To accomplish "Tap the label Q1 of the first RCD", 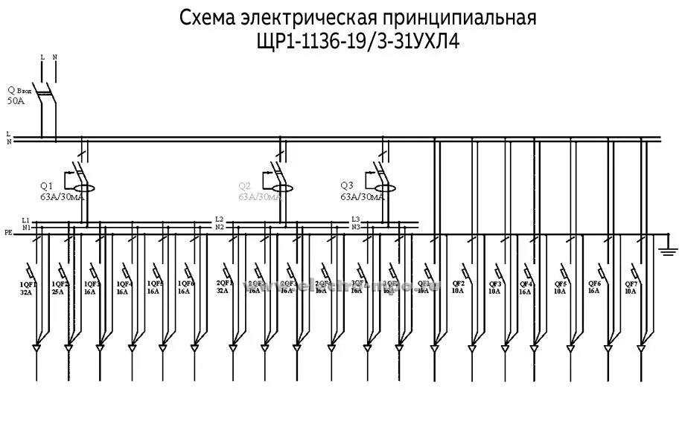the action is (46, 185).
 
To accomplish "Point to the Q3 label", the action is (346, 185).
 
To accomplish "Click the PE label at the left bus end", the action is (8, 233).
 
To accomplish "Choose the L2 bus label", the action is (219, 219).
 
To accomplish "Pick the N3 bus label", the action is (356, 227).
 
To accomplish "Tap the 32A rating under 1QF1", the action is (27, 292).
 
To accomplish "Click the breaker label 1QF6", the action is (186, 283).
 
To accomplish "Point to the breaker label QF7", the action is (631, 283).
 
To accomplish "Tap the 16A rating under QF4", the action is (526, 292).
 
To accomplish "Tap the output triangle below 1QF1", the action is (36, 347).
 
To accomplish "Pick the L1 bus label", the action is (25, 220).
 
